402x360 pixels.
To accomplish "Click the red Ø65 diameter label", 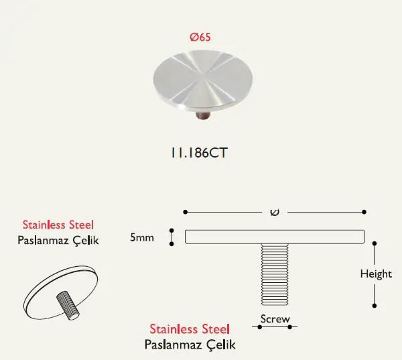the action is pos(200,37).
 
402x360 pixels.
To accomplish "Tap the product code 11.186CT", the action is pos(199,153).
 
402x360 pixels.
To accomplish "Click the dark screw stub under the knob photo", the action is pos(203,116).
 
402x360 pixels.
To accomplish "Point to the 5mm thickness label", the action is pos(142,237).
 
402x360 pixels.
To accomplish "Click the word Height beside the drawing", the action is pos(376,274).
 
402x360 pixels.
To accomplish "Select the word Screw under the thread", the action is pos(275,319).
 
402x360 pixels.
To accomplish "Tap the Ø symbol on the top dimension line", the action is pos(275,213).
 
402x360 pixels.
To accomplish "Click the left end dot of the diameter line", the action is pos(186,212).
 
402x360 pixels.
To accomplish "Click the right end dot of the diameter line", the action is pos(364,212).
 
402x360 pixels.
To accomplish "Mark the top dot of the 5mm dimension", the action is pos(172,231).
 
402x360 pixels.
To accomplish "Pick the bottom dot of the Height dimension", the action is pos(375,306).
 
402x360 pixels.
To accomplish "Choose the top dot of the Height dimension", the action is pos(375,243).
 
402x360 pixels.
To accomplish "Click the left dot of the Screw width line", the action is pos(260,327).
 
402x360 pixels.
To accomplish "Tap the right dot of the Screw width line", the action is pos(289,327).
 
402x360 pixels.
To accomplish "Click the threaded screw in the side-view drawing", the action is pos(275,274).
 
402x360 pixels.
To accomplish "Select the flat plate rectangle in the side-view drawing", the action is pos(275,237).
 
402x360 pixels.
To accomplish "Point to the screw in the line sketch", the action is pos(68,306).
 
